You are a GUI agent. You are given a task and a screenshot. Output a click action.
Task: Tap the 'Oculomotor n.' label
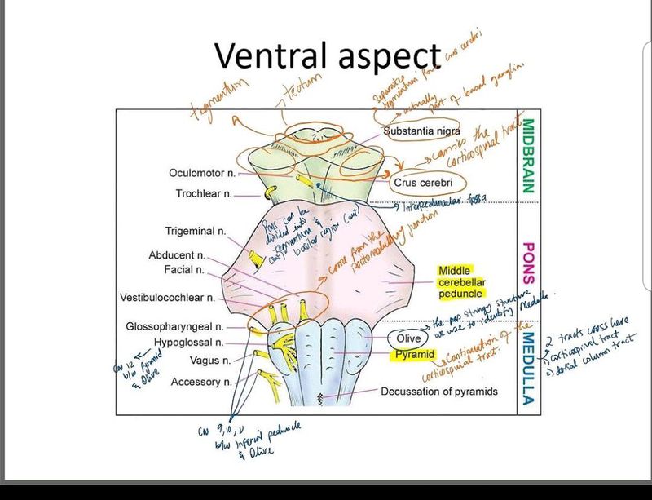click(x=203, y=173)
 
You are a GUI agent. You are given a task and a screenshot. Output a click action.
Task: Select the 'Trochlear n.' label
click(x=205, y=194)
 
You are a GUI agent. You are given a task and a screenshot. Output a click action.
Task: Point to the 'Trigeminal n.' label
click(x=196, y=231)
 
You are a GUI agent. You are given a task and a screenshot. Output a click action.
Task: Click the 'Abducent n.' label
click(x=177, y=255)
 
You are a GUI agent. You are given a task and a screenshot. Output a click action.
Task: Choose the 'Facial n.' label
click(x=183, y=269)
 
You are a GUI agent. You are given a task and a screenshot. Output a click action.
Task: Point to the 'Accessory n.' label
click(x=201, y=381)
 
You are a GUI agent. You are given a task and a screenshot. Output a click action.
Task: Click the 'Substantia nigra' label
click(x=421, y=131)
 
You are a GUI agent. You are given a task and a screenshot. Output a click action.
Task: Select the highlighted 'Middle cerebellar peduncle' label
click(x=460, y=282)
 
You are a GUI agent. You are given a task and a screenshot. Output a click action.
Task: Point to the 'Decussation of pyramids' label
click(x=438, y=392)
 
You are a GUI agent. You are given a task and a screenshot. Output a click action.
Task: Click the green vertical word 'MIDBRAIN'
click(x=527, y=156)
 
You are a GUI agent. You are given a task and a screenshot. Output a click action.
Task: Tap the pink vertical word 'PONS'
click(x=527, y=262)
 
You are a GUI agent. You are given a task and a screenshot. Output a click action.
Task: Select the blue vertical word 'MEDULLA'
click(x=527, y=367)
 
